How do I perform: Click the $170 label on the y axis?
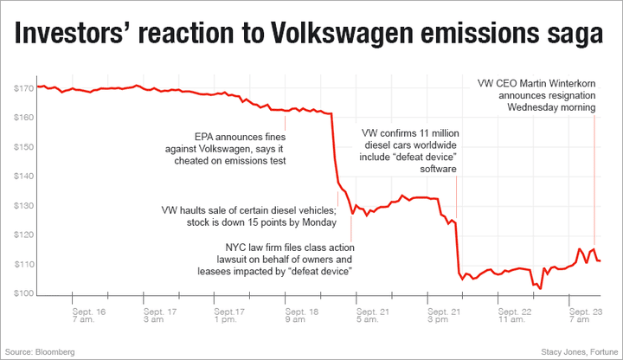(x=23, y=88)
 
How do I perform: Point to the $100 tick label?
(x=23, y=294)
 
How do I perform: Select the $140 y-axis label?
(x=23, y=177)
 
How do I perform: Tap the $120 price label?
(x=23, y=235)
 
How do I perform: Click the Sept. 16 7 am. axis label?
(x=89, y=315)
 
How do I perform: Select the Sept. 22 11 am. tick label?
(x=516, y=315)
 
